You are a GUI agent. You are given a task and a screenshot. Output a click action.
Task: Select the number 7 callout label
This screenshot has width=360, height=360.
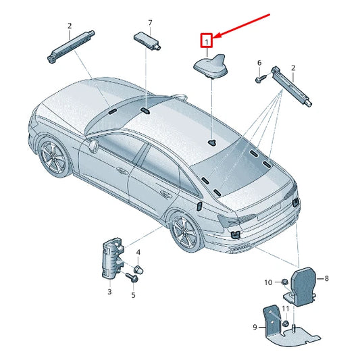click(x=151, y=24)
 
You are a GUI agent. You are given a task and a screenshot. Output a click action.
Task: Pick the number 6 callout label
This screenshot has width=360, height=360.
click(x=259, y=63)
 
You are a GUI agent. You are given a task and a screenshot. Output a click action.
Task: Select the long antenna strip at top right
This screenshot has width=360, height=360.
click(x=292, y=84)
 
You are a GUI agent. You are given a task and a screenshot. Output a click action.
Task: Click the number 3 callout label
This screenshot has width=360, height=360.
click(x=109, y=292)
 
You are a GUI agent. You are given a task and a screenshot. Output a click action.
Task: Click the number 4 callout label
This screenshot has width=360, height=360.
click(x=138, y=253)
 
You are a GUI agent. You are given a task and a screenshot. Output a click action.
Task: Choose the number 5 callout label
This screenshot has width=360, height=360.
click(x=133, y=294)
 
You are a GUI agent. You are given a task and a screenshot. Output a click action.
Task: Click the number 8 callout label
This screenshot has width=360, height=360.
click(x=326, y=278)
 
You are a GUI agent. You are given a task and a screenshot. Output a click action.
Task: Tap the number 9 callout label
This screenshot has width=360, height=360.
click(x=255, y=327)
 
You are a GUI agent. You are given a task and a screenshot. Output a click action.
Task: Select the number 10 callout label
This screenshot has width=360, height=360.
click(x=267, y=282)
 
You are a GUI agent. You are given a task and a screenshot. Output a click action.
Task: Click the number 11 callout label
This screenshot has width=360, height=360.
click(x=286, y=309)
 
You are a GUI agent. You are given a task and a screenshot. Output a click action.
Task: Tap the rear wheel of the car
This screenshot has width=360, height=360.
click(x=181, y=230)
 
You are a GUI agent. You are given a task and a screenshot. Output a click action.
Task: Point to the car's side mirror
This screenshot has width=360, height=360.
click(x=93, y=145)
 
